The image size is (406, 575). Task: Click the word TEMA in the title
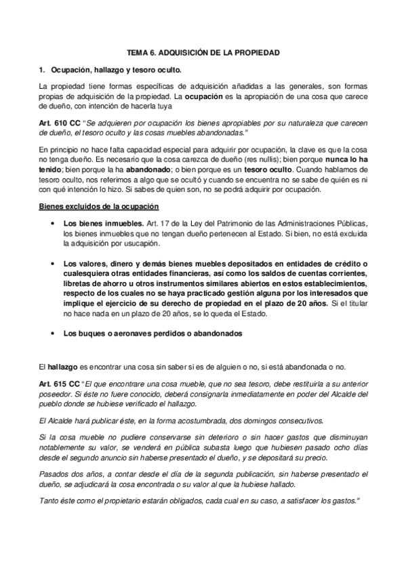[138, 52]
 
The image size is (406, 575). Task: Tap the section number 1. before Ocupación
[42, 69]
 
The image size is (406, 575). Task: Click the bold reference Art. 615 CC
[60, 384]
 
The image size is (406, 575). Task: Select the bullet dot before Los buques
[52, 333]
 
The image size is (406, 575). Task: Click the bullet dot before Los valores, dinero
[52, 262]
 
